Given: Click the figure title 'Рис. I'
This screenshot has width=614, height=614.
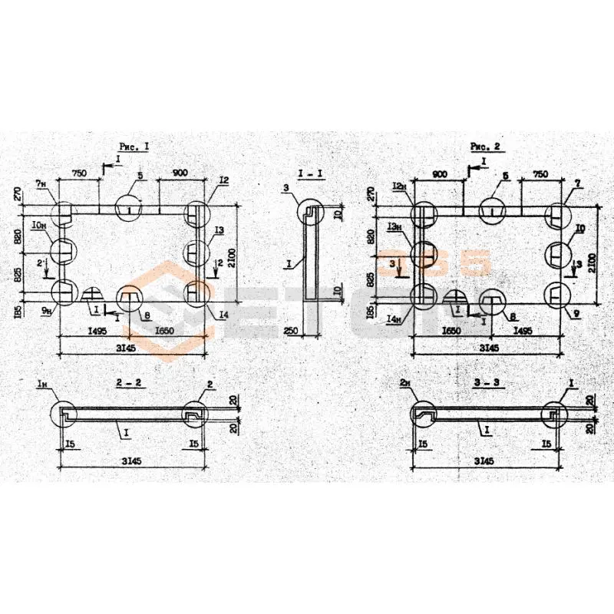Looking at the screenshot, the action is tap(134, 145).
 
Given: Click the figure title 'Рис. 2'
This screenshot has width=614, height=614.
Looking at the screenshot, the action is tap(486, 145).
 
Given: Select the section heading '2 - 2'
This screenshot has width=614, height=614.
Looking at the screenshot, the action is tap(130, 382).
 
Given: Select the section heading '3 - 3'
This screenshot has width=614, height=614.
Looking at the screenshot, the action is tap(483, 382).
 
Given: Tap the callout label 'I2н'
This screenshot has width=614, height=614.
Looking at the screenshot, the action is tap(398, 187).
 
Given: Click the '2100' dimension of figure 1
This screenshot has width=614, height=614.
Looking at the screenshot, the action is tap(246, 254).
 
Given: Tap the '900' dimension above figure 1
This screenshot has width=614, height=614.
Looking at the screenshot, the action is tap(180, 174).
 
